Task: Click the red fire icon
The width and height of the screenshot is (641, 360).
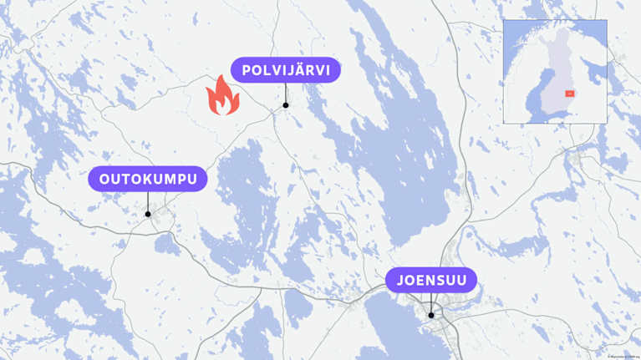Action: coord(222,96)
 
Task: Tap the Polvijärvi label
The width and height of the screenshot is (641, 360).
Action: coord(285,69)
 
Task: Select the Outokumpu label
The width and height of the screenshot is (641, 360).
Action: coord(148,179)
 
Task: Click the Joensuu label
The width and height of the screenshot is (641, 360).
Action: coord(431,280)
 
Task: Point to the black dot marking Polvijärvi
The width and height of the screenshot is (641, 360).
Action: coord(285,105)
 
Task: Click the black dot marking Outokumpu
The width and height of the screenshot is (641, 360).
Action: coord(148,214)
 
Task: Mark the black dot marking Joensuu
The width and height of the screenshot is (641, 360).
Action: coord(431,315)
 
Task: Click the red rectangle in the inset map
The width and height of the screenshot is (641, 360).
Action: coord(570,94)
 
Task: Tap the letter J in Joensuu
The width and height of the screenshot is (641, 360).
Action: coord(400,280)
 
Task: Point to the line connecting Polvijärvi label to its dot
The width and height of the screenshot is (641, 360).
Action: coord(285,92)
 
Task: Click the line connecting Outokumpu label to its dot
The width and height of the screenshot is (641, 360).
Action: coord(148,201)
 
